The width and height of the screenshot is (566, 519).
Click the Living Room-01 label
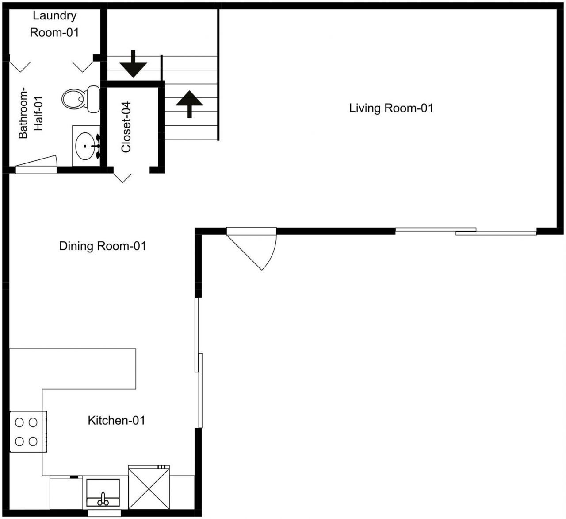click(391, 108)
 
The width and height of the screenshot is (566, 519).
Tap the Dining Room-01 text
click(103, 246)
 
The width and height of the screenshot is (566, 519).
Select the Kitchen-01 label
click(116, 420)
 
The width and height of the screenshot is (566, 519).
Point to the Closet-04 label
click(126, 128)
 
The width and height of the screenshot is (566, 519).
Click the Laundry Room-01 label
click(54, 24)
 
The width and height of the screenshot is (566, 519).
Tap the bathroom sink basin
click(85, 145)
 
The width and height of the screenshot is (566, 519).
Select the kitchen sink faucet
click(103, 498)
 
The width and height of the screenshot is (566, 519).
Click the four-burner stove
click(27, 431)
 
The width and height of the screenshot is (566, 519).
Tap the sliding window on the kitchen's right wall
click(199, 363)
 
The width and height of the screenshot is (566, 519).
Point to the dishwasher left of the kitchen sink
click(66, 492)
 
